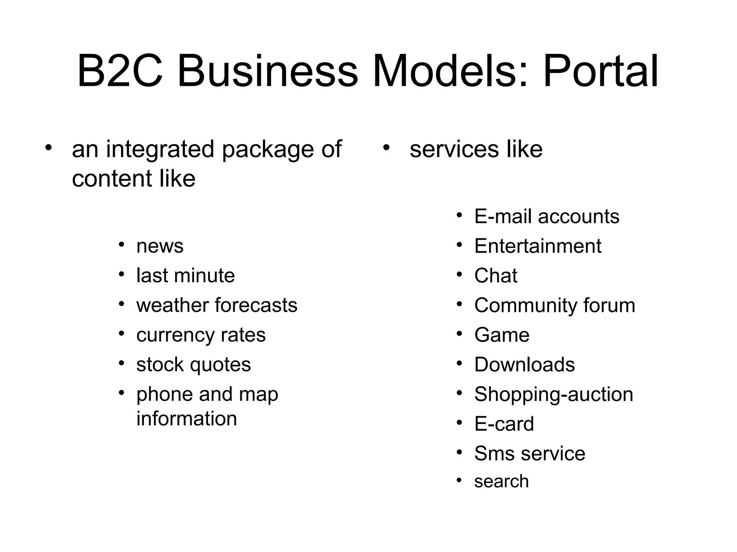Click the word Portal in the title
[x=601, y=71]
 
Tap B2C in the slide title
[x=119, y=71]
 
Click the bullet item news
[x=160, y=247]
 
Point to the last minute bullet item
[x=185, y=276]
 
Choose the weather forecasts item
[x=217, y=305]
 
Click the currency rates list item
[x=201, y=335]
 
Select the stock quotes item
[x=194, y=365]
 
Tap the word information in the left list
[x=186, y=419]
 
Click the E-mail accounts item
[x=547, y=217]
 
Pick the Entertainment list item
[x=538, y=247]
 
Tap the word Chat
[x=496, y=276]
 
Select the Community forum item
[x=555, y=305]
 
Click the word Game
[x=502, y=335]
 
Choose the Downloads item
[x=524, y=365]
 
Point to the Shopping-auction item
[x=553, y=394]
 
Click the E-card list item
[x=504, y=424]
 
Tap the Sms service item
[x=529, y=454]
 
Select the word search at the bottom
[x=501, y=482]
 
